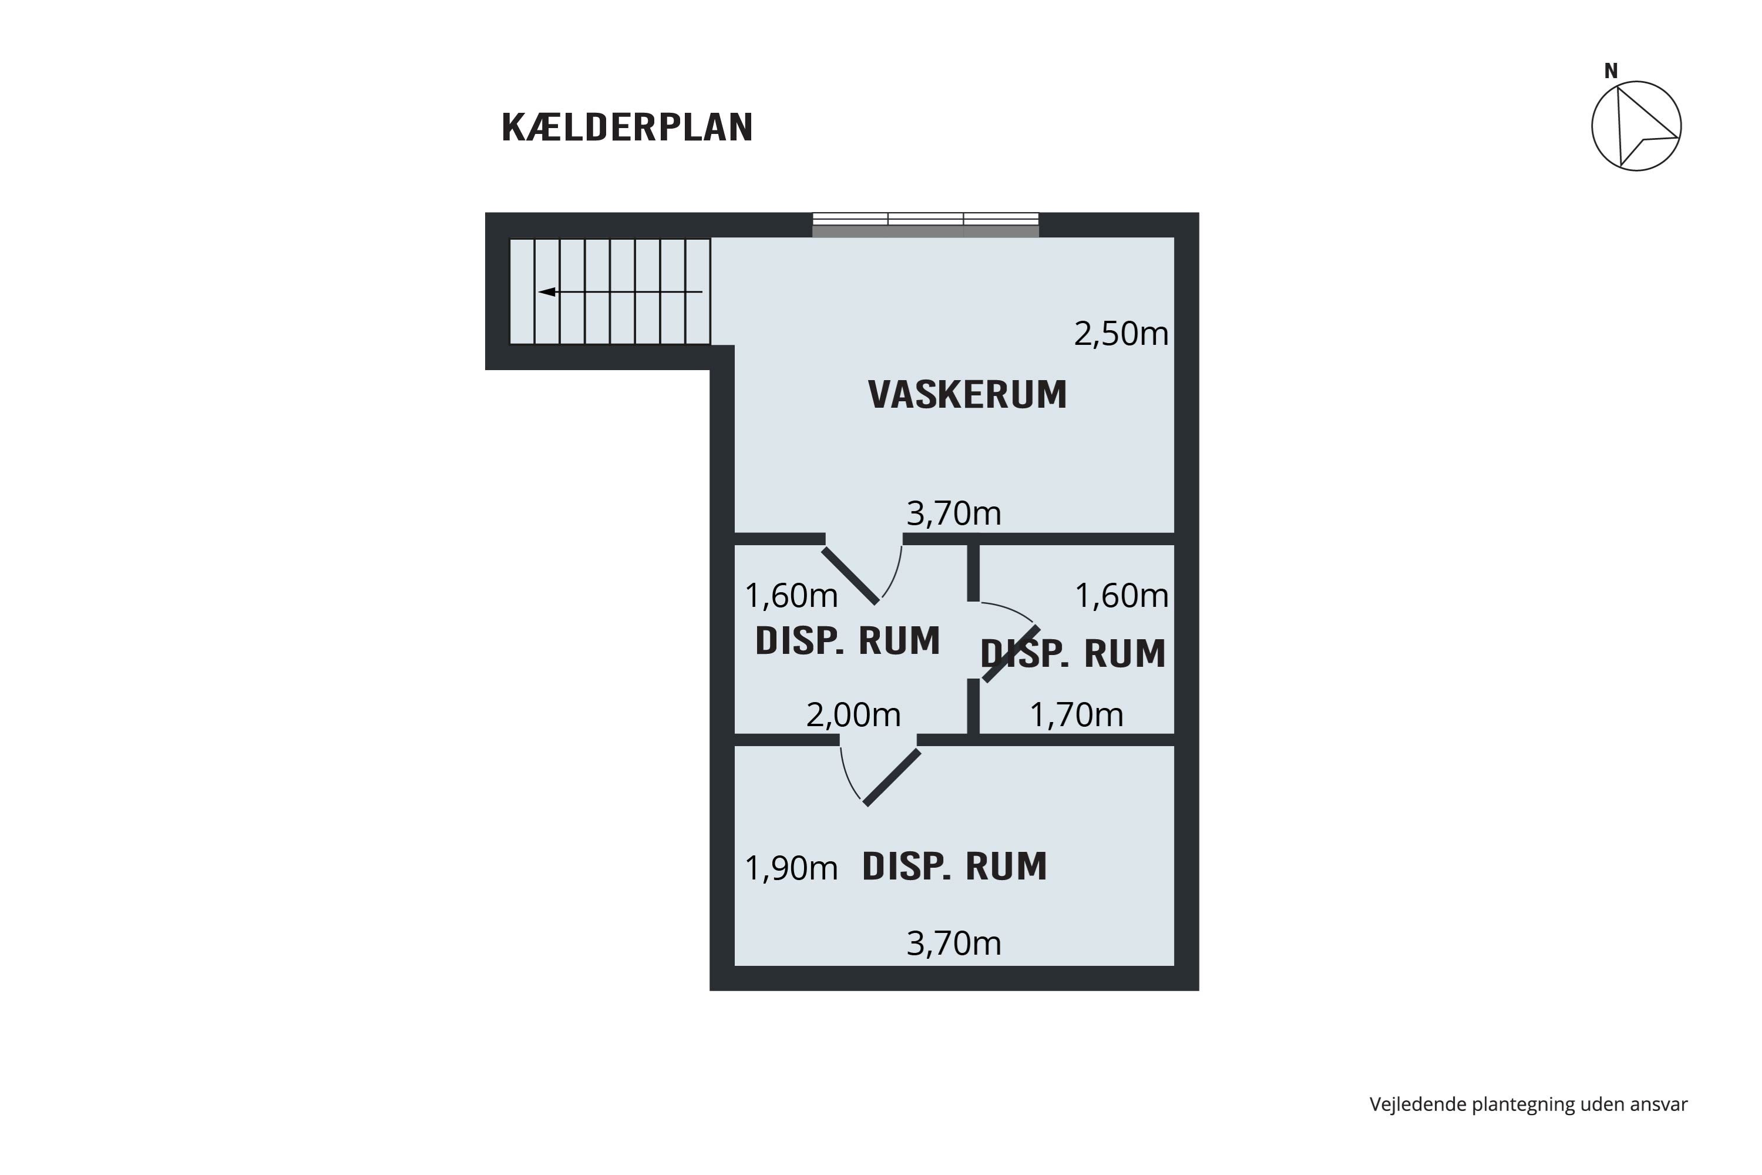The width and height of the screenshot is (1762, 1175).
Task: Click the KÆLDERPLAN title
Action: [x=627, y=127]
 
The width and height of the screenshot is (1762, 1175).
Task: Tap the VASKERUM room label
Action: [x=967, y=395]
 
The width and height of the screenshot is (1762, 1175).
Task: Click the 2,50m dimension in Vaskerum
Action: [x=1121, y=334]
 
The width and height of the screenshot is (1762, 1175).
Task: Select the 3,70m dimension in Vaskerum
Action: [x=954, y=513]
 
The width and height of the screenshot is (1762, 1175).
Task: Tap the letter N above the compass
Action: [x=1610, y=71]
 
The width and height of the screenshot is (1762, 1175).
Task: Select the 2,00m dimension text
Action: [x=853, y=715]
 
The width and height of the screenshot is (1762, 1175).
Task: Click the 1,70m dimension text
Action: [x=1077, y=715]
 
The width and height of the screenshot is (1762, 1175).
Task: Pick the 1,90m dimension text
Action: [x=791, y=868]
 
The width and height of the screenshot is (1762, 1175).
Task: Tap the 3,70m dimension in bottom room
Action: [x=954, y=944]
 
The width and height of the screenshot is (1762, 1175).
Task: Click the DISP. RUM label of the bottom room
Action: [x=954, y=866]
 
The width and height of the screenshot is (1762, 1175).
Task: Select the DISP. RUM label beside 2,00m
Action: [x=848, y=641]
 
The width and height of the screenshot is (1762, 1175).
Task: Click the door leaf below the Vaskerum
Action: [x=850, y=576]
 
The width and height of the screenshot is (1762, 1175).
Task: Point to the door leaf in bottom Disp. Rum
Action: [x=892, y=778]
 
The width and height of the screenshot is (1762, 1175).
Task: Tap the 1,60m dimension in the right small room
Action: [x=1121, y=596]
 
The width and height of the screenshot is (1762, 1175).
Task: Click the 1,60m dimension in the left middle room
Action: [x=791, y=596]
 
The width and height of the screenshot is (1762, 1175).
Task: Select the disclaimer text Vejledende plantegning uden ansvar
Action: [x=1528, y=1104]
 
